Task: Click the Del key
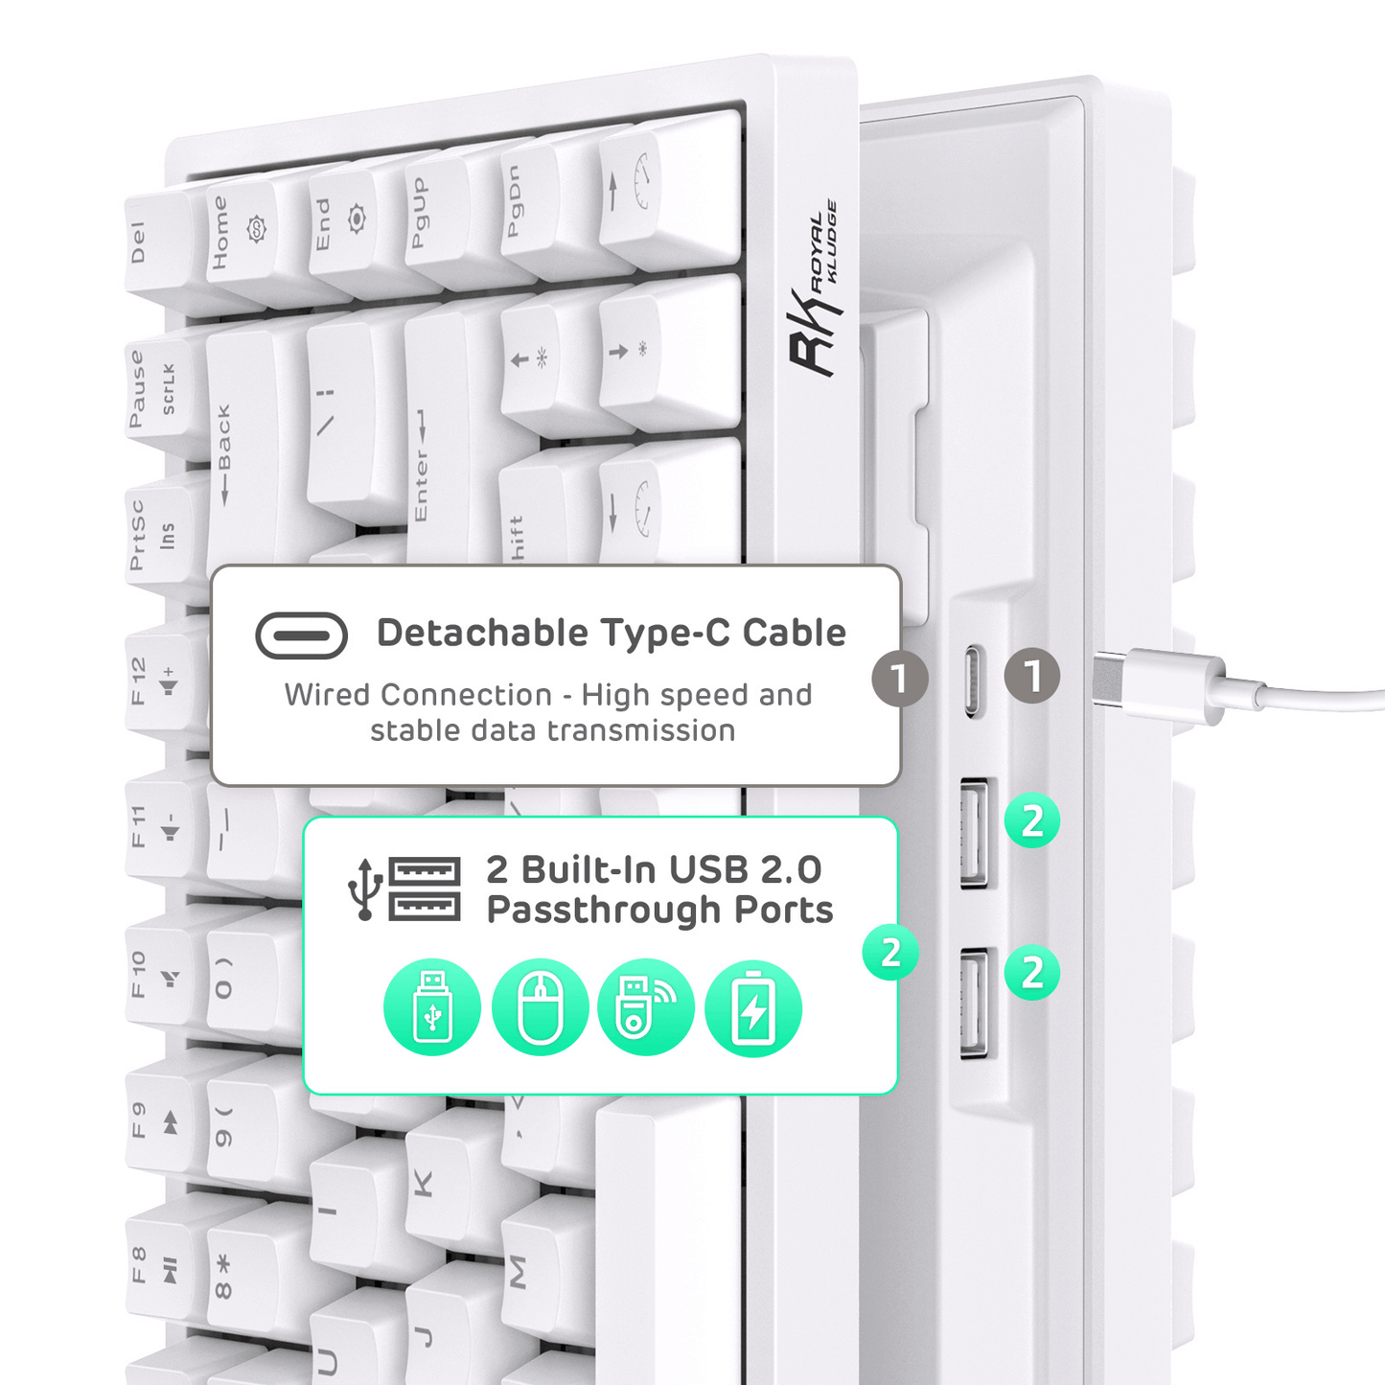[x=153, y=244]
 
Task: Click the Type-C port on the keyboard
[x=972, y=681]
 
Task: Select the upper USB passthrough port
[x=974, y=832]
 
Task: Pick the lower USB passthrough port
[x=974, y=1002]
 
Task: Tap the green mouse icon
[x=540, y=1008]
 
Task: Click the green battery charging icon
[x=753, y=1008]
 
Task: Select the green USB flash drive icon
[x=432, y=1008]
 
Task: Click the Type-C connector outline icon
[x=301, y=635]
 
